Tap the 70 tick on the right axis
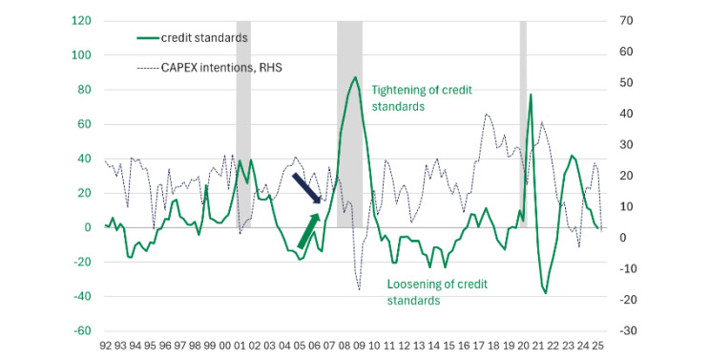click(626, 20)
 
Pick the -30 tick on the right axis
click(626, 330)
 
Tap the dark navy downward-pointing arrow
click(307, 188)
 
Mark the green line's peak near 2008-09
click(355, 77)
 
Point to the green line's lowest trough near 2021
click(546, 292)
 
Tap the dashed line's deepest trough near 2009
click(360, 288)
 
